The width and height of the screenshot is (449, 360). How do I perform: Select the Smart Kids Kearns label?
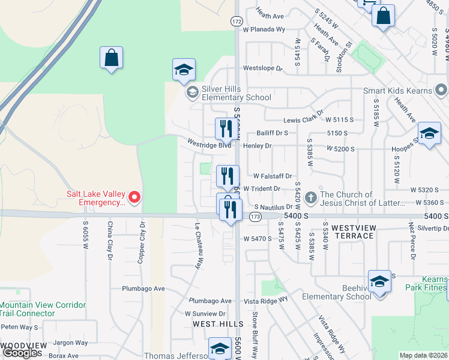(397, 91)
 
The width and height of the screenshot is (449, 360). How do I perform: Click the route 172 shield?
(237, 21)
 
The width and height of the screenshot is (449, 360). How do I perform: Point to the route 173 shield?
(256, 215)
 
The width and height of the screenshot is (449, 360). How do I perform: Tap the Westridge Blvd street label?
(209, 145)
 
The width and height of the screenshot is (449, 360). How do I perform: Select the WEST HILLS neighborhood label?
(213, 323)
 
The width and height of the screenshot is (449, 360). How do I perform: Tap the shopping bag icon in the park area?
(111, 59)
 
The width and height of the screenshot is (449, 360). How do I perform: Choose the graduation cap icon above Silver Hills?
(184, 70)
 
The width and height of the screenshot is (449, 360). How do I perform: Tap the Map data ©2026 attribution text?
(423, 355)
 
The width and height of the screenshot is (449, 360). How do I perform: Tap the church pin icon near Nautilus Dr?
(310, 197)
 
